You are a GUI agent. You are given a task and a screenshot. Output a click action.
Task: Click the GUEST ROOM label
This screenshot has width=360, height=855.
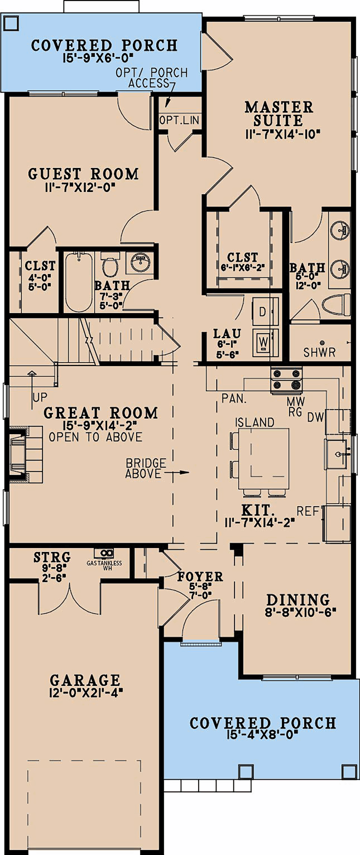[84, 174]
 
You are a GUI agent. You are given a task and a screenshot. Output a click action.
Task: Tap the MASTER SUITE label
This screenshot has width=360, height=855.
[279, 114]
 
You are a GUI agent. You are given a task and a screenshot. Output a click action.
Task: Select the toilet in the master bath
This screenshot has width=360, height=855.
[336, 305]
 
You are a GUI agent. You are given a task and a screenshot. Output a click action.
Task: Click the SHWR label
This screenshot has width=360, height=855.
[320, 352]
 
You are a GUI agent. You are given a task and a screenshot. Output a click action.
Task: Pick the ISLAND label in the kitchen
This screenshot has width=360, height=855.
[255, 422]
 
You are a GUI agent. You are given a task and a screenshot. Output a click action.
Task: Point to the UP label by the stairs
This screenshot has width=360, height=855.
[40, 397]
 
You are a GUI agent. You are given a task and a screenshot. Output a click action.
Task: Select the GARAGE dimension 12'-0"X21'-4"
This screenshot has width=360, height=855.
[86, 693]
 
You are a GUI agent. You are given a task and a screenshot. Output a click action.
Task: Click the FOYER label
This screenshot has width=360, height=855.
[200, 576]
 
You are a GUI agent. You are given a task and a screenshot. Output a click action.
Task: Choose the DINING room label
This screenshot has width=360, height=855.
[298, 600]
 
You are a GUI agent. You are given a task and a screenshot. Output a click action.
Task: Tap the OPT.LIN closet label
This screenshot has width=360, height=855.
[179, 120]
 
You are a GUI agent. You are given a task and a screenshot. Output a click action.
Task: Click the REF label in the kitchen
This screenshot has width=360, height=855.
[308, 511]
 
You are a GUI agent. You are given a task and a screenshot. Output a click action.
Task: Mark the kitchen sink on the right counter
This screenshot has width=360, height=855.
[337, 454]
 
